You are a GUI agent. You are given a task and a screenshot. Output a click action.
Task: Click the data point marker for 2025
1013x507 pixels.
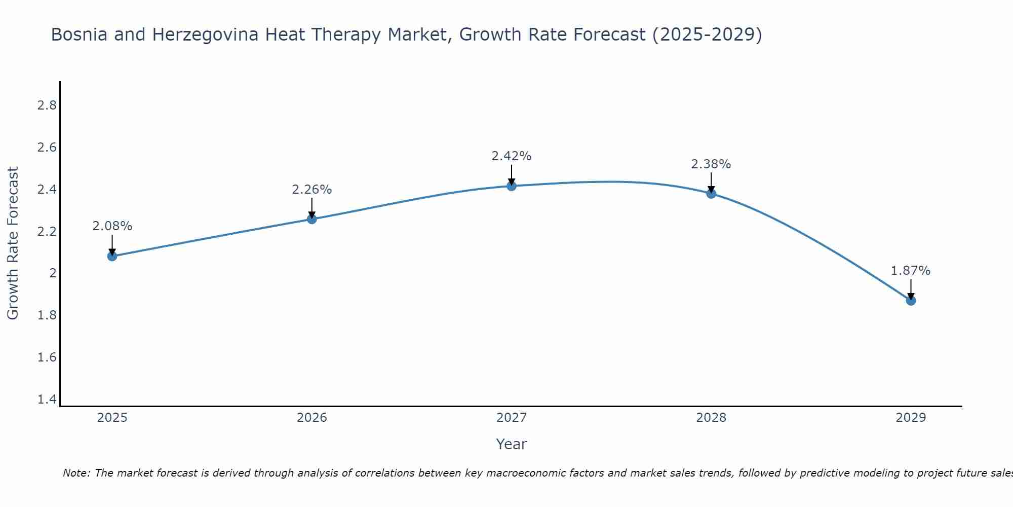[x=112, y=256]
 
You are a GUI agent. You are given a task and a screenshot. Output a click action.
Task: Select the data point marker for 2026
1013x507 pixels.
[x=312, y=219]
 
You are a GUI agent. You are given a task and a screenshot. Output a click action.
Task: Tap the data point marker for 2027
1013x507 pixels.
[x=512, y=186]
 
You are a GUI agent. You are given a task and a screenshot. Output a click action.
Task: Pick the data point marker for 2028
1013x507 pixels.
[x=711, y=193]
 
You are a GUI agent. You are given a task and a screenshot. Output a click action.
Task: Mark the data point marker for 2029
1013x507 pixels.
[x=911, y=301]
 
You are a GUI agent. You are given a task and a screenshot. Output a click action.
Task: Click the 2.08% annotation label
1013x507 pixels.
[x=112, y=226]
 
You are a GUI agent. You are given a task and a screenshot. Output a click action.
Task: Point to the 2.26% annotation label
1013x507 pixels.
[x=312, y=190]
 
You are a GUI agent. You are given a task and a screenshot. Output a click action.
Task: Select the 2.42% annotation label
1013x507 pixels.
[x=512, y=156]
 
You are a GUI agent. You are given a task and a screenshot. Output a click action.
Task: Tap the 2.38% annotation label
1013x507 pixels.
[x=711, y=164]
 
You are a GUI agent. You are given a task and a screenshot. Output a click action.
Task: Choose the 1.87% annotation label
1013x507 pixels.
[x=911, y=271]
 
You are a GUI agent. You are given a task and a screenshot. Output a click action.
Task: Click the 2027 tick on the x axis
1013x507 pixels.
[x=512, y=418]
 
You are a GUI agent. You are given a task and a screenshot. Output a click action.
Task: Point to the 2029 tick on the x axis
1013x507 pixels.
[x=911, y=418]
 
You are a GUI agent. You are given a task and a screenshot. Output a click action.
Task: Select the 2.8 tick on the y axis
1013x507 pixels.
[x=47, y=105]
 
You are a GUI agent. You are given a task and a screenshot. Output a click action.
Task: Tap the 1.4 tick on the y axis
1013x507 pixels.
[x=47, y=400]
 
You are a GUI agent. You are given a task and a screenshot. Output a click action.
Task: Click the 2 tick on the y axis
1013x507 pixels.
[x=53, y=273]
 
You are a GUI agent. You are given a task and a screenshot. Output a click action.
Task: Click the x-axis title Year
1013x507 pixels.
[x=512, y=444]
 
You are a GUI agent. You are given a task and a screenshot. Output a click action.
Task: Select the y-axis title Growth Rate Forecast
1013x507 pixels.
[x=13, y=243]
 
